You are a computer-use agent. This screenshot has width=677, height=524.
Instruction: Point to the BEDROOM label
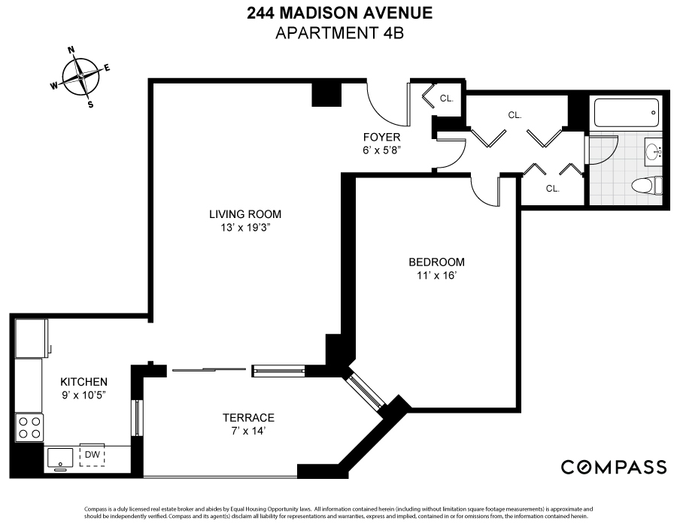pyautogui.click(x=436, y=262)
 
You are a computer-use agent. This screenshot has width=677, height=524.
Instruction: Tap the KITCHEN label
pyautogui.click(x=83, y=382)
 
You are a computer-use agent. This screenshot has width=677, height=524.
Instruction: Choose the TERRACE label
pyautogui.click(x=247, y=418)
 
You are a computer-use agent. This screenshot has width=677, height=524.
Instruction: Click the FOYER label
pyautogui.click(x=381, y=138)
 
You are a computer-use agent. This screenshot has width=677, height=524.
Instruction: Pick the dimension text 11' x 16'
pyautogui.click(x=436, y=275)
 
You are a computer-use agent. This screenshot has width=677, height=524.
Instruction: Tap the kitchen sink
pyautogui.click(x=60, y=457)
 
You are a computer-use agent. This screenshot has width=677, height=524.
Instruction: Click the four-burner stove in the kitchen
pyautogui.click(x=30, y=428)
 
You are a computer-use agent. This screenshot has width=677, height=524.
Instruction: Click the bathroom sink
pyautogui.click(x=652, y=153)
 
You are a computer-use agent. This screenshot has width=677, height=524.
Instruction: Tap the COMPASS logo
pyautogui.click(x=614, y=467)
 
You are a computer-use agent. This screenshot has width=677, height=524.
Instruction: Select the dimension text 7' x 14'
pyautogui.click(x=247, y=432)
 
